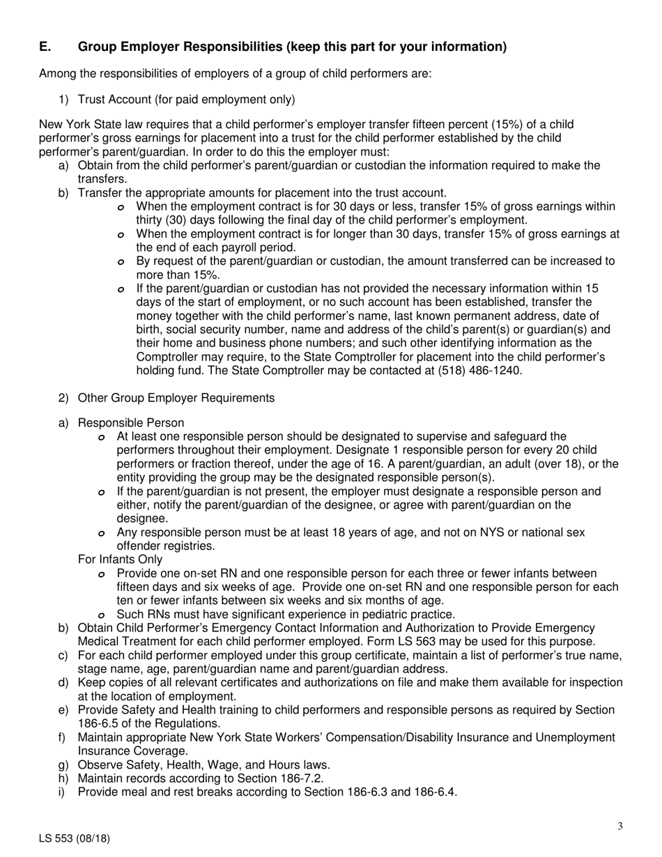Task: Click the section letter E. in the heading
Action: pyautogui.click(x=45, y=47)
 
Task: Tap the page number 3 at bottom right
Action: pyautogui.click(x=619, y=827)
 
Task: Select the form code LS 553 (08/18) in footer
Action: pyautogui.click(x=75, y=839)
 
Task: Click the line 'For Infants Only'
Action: pyautogui.click(x=121, y=559)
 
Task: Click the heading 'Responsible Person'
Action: pyautogui.click(x=131, y=423)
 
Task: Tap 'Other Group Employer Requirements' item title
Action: pyautogui.click(x=176, y=398)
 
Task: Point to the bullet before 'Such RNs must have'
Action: pyautogui.click(x=102, y=615)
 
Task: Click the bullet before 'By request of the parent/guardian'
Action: pyautogui.click(x=122, y=263)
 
